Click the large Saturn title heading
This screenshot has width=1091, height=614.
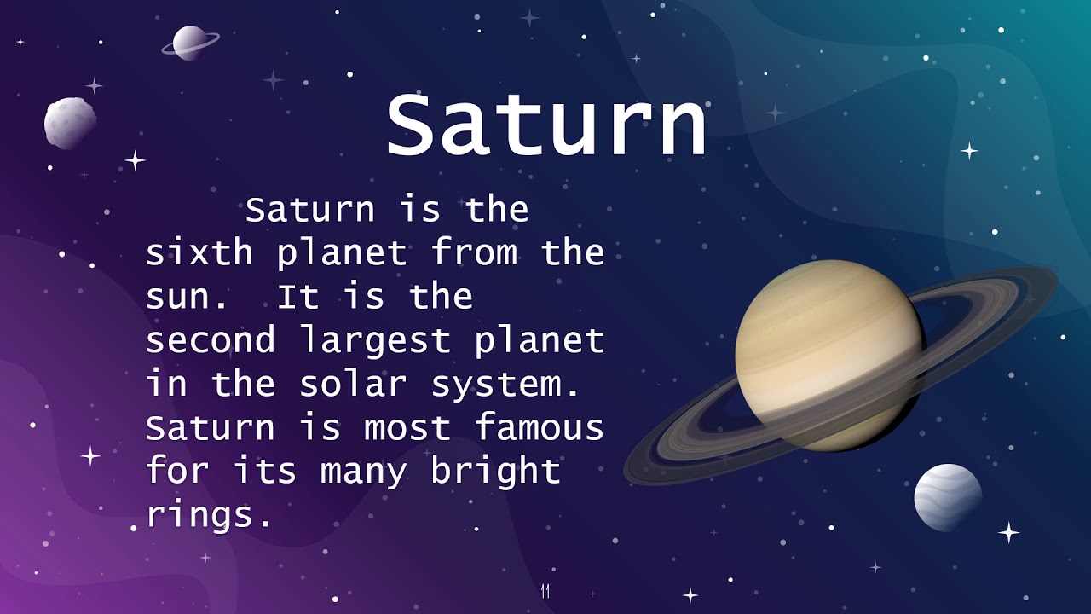pyautogui.click(x=546, y=126)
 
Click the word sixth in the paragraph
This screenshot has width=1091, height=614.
pyautogui.click(x=199, y=252)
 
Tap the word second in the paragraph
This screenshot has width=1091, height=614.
pyautogui.click(x=211, y=340)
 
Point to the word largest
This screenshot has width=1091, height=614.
pyautogui.click(x=375, y=341)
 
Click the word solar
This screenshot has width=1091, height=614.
pyautogui.click(x=353, y=384)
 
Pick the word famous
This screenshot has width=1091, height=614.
pyautogui.click(x=539, y=427)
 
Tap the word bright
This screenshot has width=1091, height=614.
pyautogui.click(x=495, y=472)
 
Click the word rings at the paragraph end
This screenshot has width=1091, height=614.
pyautogui.click(x=209, y=515)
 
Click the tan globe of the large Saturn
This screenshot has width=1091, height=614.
pyautogui.click(x=828, y=354)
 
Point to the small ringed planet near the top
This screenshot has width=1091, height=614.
pyautogui.click(x=189, y=42)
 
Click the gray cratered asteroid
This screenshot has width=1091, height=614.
pyautogui.click(x=70, y=123)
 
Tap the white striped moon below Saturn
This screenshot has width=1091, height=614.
pyautogui.click(x=948, y=497)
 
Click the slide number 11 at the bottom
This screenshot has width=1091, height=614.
pyautogui.click(x=545, y=591)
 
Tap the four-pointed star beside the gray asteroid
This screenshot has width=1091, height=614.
pyautogui.click(x=135, y=159)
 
